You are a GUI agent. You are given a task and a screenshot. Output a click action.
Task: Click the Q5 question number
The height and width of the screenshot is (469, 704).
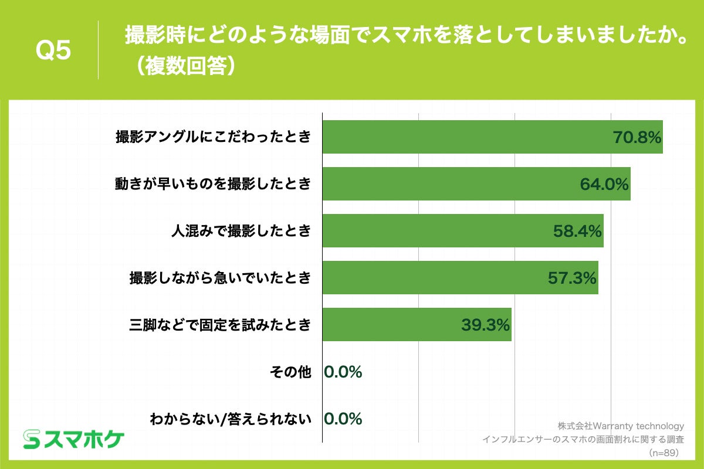[53, 51]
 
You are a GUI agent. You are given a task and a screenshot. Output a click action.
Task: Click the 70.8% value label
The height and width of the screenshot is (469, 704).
[637, 138]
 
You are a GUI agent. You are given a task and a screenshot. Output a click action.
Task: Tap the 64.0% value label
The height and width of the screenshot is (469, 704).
[604, 184]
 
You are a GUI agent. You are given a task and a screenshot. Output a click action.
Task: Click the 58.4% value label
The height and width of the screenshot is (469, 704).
[578, 231]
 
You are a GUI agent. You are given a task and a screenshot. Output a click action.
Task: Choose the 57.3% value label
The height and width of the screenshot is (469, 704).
[572, 278]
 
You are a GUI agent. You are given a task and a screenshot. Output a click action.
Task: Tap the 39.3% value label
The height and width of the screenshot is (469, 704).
[485, 325]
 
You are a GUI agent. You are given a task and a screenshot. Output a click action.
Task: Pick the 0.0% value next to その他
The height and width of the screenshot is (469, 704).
[343, 372]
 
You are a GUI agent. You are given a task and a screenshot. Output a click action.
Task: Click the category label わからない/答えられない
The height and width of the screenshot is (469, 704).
[230, 419]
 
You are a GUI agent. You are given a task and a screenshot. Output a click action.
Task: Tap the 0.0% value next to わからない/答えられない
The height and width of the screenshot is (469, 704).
[343, 419]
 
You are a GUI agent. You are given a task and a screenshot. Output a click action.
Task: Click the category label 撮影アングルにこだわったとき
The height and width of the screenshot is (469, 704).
[213, 138]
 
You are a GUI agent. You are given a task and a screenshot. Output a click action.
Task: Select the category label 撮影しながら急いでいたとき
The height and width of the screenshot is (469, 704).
[220, 278]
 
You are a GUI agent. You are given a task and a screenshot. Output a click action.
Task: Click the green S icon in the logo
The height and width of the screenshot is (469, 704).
[31, 439]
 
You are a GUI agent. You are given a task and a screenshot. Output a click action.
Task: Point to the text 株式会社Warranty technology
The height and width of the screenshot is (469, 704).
[621, 426]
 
